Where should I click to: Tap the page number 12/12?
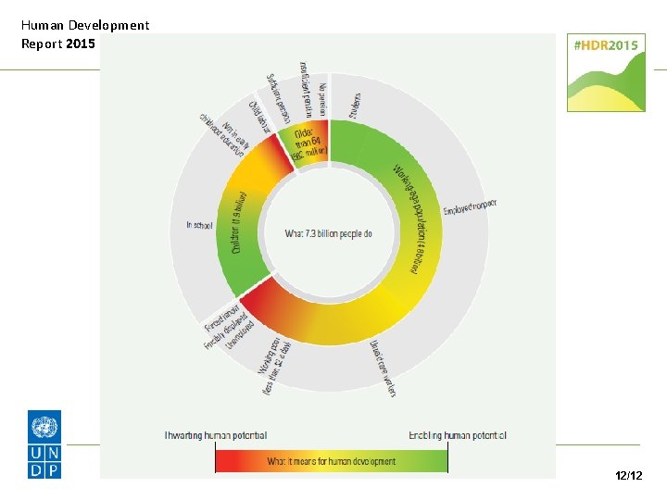point(628,475)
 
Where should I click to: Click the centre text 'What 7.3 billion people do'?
point(328,234)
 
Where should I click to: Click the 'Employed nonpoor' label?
point(469,206)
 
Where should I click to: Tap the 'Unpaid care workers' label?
point(384,367)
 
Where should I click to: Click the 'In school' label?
point(200,224)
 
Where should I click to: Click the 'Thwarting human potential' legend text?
point(216,435)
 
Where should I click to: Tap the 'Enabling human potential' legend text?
point(458,435)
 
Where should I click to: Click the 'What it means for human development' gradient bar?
point(332,460)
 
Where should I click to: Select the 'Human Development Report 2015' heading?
point(84,34)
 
